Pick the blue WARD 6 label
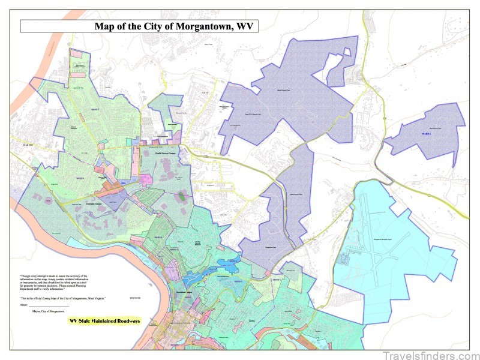(x=427, y=133)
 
